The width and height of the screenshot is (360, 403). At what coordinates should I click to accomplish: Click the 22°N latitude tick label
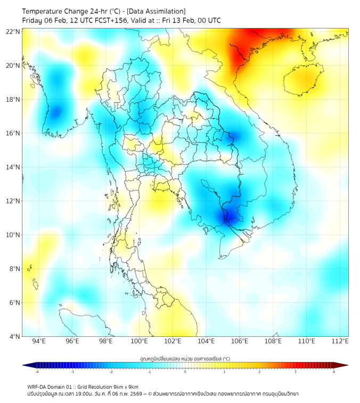pyautogui.click(x=13, y=31)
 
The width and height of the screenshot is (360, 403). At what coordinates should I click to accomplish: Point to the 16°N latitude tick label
pyautogui.click(x=13, y=133)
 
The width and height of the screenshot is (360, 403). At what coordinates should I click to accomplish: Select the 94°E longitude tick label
pyautogui.click(x=39, y=341)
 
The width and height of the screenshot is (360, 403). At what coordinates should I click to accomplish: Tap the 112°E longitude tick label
pyautogui.click(x=340, y=341)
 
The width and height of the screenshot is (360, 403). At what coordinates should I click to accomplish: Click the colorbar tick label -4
pyautogui.click(x=36, y=372)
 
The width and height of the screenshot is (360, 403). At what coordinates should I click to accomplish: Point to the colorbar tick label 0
pyautogui.click(x=185, y=372)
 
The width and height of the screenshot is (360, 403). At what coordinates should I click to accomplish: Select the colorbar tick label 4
pyautogui.click(x=333, y=372)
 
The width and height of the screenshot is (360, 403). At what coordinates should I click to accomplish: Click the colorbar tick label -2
pyautogui.click(x=111, y=372)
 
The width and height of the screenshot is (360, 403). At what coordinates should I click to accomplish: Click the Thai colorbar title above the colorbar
pyautogui.click(x=185, y=358)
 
